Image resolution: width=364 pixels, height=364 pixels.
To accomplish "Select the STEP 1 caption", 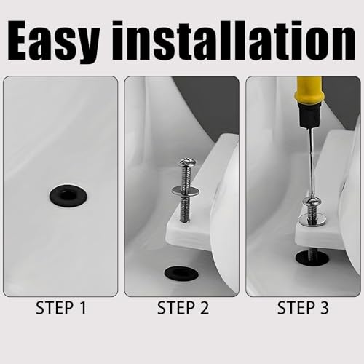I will click(60, 309).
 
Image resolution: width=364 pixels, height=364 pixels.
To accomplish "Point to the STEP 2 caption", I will click(181, 309).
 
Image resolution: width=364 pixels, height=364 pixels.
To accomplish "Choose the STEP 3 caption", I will click(302, 309).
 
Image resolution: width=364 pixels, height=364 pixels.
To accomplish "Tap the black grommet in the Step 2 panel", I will click(180, 272).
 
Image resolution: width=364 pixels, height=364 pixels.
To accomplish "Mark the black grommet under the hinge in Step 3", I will click(311, 258).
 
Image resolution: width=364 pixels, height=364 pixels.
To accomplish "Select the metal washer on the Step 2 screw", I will click(186, 191).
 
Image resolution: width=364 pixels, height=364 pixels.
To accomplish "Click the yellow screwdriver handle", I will click(309, 91).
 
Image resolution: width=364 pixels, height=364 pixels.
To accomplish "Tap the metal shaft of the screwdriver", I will click(310, 160).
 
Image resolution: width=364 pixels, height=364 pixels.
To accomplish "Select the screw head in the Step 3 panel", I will click(312, 202).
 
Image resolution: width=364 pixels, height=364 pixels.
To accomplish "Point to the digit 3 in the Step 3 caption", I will click(323, 309).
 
